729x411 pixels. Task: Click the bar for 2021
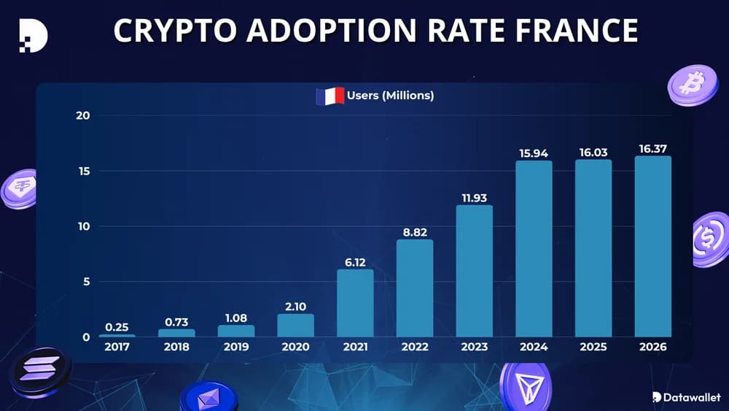(x=355, y=303)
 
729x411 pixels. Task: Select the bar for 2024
(x=534, y=248)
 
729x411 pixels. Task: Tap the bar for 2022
(x=415, y=288)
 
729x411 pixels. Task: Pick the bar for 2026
(x=652, y=246)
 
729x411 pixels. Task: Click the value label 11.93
(x=474, y=197)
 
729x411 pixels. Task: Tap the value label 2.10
(x=295, y=306)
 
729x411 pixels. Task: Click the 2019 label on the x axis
(x=235, y=347)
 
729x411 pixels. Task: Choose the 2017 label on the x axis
(x=117, y=347)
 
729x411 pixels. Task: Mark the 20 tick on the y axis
(x=83, y=115)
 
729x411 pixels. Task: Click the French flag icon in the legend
(x=330, y=96)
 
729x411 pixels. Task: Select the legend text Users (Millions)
(x=390, y=96)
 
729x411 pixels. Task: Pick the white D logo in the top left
(x=33, y=34)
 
